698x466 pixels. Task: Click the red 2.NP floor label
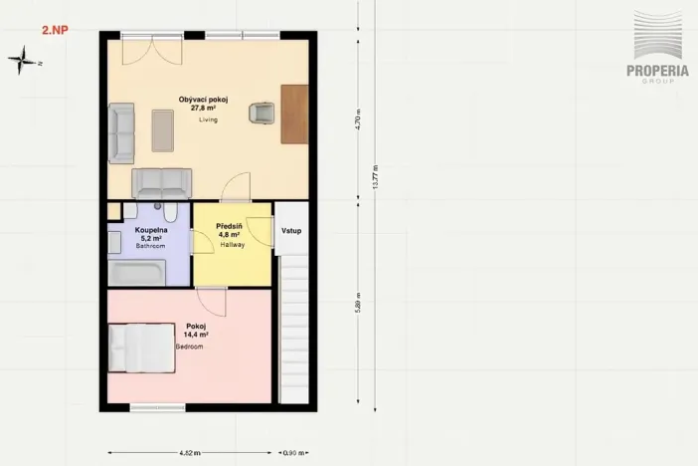tap(55, 31)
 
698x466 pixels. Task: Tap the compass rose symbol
tap(21, 61)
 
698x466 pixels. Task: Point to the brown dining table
tap(294, 114)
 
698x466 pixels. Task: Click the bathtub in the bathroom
tap(138, 273)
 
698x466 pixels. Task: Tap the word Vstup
tap(291, 231)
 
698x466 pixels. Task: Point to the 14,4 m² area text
tap(196, 336)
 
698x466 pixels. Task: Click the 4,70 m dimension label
tap(358, 123)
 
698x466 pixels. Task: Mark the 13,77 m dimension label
tap(375, 176)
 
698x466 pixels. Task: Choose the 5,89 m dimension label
tap(358, 301)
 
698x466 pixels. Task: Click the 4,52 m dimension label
tap(188, 452)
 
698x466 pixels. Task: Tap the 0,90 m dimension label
tap(292, 452)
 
